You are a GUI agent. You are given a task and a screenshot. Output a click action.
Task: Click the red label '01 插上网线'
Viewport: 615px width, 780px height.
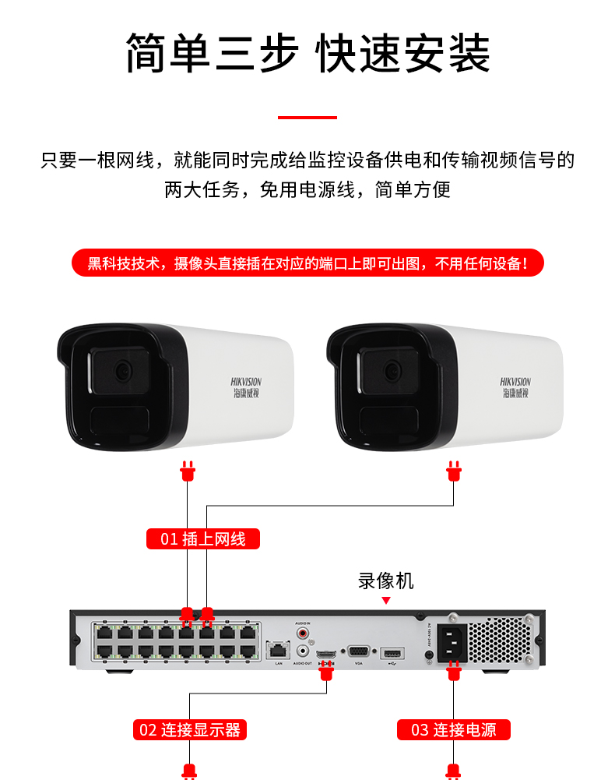tap(202, 538)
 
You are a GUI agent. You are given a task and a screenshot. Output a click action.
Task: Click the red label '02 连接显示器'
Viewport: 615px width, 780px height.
tap(190, 729)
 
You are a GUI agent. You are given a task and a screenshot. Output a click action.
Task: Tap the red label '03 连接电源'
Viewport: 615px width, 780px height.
tap(454, 729)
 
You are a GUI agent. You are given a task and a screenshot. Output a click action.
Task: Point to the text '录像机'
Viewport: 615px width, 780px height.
tap(386, 581)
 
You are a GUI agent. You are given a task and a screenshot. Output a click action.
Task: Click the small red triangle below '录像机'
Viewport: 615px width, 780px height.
tap(386, 601)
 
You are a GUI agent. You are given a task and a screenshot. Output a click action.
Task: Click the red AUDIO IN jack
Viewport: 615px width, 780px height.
tap(303, 633)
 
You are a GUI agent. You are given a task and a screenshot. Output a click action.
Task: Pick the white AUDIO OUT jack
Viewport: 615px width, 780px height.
tap(303, 651)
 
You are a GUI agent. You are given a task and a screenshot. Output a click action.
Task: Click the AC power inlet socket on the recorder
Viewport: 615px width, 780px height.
tap(453, 644)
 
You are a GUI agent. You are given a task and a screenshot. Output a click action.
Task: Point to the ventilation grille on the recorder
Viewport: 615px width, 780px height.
tap(501, 641)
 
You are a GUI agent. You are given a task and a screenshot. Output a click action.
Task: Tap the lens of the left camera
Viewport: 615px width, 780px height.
tap(122, 371)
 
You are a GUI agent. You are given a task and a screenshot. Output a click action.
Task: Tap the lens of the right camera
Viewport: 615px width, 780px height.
tap(392, 371)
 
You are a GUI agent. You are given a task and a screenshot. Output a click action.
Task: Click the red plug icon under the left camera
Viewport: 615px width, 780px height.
tap(187, 471)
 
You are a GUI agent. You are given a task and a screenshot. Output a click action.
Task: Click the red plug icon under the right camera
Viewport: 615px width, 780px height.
tap(454, 471)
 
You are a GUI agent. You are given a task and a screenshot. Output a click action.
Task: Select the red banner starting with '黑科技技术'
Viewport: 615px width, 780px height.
tap(307, 263)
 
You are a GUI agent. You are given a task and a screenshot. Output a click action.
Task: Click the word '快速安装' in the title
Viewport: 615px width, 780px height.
tap(403, 53)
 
